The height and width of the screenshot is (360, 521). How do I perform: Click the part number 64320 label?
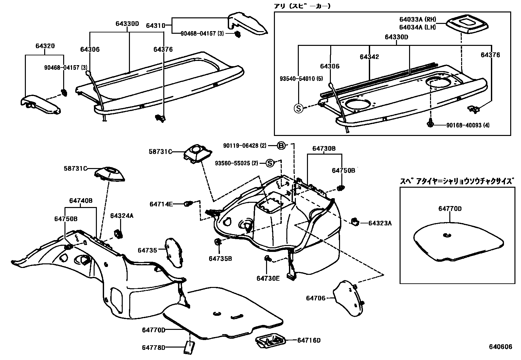coord(45,46)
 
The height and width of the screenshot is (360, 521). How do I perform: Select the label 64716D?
coord(309,340)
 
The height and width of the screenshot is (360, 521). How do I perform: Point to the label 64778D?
coord(153,348)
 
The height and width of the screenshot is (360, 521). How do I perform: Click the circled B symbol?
coord(281,146)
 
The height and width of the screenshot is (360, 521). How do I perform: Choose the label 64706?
coord(316,298)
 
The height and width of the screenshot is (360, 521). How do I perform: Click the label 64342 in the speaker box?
coord(369,57)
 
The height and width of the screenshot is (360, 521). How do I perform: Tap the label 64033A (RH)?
coord(418,19)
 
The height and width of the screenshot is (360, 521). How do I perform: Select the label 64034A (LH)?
coord(418,27)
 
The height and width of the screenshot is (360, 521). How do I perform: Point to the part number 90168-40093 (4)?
coord(468,125)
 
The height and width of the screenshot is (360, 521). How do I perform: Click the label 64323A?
coord(380,223)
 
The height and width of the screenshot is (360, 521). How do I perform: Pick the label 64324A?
coord(122,216)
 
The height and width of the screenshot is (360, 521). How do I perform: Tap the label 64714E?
coord(161,204)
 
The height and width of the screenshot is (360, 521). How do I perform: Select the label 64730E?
coord(268,278)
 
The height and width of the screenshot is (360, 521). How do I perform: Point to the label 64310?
coord(155,25)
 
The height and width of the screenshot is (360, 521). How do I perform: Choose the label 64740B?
coord(81,200)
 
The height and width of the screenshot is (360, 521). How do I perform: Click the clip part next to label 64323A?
coord(354,221)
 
